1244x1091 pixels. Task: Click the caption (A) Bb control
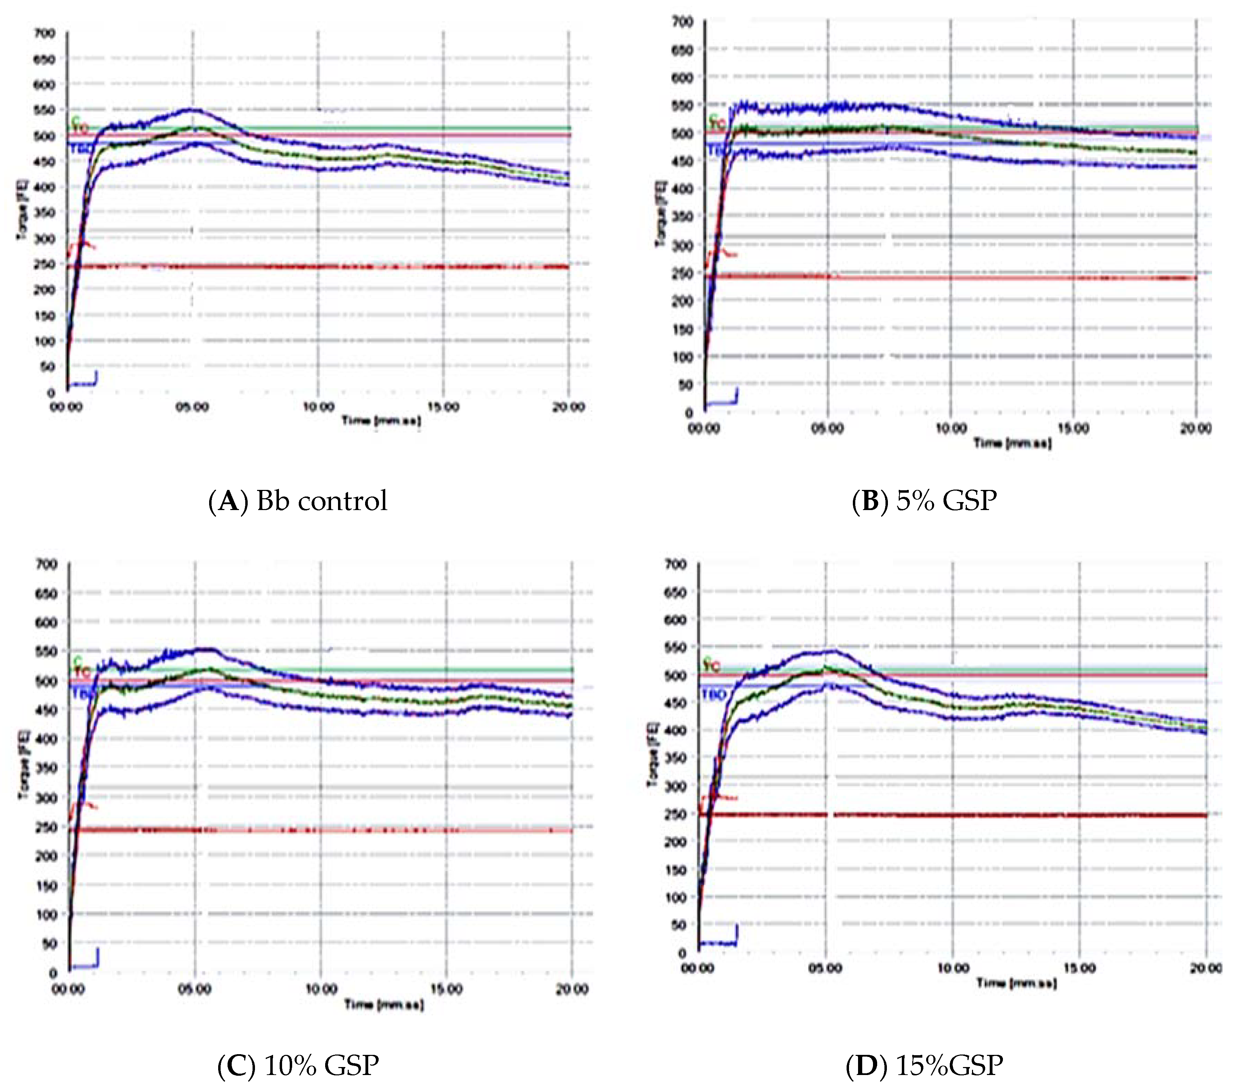pyautogui.click(x=298, y=501)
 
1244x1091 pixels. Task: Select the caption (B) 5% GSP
pyautogui.click(x=924, y=501)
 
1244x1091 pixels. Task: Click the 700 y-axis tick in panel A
pyautogui.click(x=46, y=33)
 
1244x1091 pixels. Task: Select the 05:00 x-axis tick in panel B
pyautogui.click(x=828, y=429)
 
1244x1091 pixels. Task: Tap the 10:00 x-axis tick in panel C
pyautogui.click(x=320, y=989)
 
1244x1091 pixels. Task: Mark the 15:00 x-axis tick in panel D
pyautogui.click(x=1080, y=968)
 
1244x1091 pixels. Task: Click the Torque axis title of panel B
pyautogui.click(x=660, y=214)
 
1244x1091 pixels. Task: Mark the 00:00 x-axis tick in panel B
pyautogui.click(x=704, y=429)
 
